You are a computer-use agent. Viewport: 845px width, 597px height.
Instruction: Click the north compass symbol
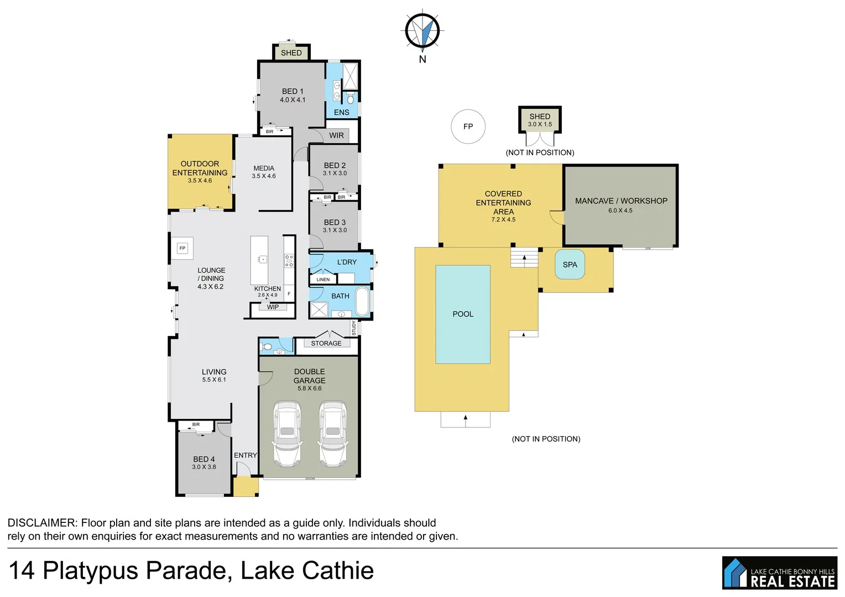pos(422,30)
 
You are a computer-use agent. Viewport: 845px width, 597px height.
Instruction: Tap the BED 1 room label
pos(293,91)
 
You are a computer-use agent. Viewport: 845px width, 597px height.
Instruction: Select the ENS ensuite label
pos(341,112)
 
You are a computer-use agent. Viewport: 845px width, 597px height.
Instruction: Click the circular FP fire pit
pos(468,127)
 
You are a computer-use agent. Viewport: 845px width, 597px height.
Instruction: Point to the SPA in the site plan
pos(570,265)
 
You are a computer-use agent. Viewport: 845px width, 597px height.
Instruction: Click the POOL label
pos(463,314)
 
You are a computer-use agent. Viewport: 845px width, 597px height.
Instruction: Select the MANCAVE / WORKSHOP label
pos(621,201)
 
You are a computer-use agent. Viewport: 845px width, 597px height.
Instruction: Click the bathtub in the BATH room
pos(362,301)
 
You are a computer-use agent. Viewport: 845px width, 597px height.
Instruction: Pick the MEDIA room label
pos(264,168)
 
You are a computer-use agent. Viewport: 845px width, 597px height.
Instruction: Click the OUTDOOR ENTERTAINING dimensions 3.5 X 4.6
pos(200,181)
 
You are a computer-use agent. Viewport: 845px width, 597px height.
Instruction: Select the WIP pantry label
pos(273,307)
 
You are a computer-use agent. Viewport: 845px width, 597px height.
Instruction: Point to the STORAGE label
pos(326,343)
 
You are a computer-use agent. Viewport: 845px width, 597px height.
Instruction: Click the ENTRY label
pos(245,455)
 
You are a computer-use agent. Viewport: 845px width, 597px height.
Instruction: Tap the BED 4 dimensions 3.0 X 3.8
pos(204,467)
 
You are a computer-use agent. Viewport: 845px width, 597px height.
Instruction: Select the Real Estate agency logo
pos(779,573)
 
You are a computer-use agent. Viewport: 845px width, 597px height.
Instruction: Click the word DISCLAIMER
pos(42,523)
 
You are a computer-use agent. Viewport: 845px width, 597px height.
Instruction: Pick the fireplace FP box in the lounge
pos(182,248)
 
